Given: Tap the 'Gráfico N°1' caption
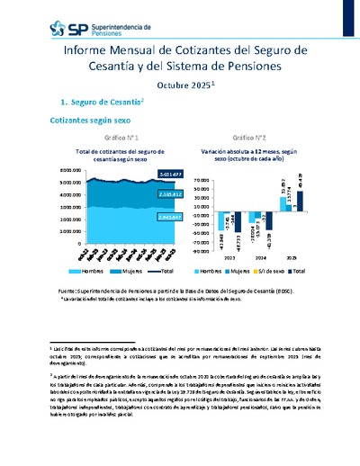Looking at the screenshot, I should (x=105, y=138).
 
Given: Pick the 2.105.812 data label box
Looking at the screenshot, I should (x=145, y=193).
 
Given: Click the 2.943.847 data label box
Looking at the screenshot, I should (x=145, y=217).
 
